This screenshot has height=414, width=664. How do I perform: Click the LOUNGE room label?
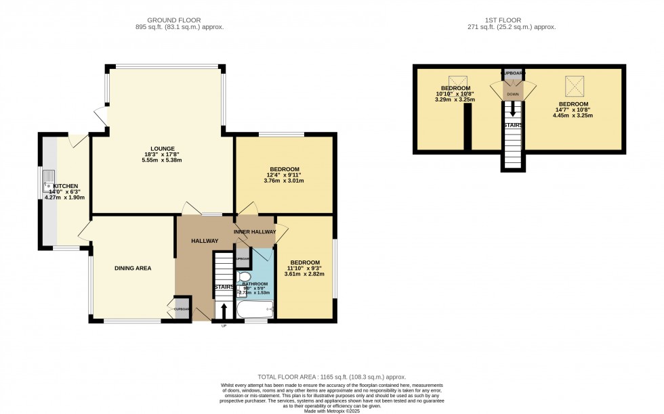coord(163,149)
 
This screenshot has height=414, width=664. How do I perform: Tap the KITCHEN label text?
coord(66,186)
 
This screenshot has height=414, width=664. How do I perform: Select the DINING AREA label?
coord(132,269)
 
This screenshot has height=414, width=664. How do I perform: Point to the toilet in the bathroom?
coord(245,277)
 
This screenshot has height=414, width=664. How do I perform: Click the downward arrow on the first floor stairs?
coord(512,108)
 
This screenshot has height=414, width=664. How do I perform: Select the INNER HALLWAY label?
coord(255,232)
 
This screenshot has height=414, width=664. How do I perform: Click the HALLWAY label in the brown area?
coord(204,241)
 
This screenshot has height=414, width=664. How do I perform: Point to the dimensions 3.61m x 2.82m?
coord(304,274)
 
